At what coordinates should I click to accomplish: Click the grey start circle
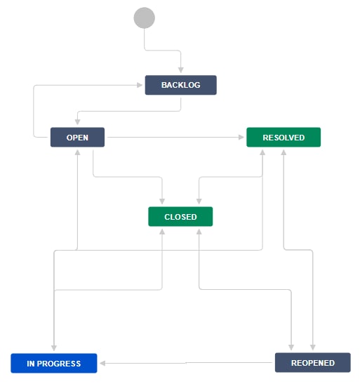[144, 18]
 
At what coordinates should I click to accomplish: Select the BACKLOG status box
[181, 85]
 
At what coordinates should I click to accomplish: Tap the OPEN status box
[77, 137]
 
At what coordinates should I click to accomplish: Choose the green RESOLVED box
[284, 137]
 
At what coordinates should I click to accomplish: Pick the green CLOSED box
[180, 216]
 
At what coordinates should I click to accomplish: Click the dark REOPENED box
[313, 363]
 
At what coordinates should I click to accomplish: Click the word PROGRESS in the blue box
[59, 364]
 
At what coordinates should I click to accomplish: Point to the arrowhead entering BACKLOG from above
[181, 69]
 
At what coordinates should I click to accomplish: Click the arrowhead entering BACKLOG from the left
[140, 85]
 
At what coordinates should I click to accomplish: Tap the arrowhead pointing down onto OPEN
[77, 121]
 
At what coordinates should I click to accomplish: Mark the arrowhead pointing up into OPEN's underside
[77, 152]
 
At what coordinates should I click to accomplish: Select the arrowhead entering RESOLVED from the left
[241, 137]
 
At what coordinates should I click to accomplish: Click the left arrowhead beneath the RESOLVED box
[262, 152]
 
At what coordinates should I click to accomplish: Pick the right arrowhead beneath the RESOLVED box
[284, 152]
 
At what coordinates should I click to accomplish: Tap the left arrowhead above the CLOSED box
[162, 201]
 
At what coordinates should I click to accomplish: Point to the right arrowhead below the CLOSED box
[199, 232]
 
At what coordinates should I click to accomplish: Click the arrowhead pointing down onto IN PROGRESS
[54, 348]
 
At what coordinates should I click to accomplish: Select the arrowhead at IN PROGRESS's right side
[102, 363]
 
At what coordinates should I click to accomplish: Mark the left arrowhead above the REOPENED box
[291, 347]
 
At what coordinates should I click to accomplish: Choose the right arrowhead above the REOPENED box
[313, 347]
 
